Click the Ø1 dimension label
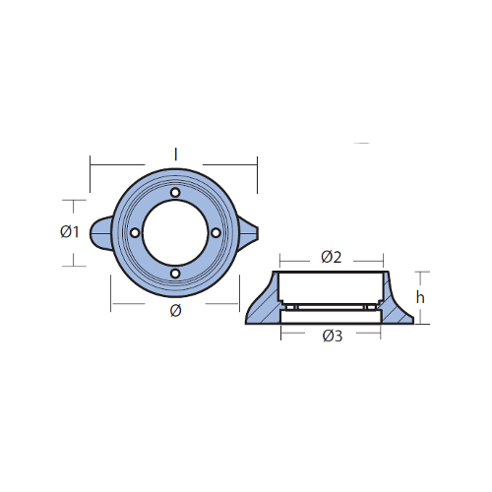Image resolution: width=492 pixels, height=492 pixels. (x=70, y=232)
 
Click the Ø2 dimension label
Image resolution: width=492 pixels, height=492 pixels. (x=332, y=257)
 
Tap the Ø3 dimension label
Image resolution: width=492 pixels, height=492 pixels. (x=333, y=336)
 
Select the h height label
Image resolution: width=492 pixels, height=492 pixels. (x=420, y=297)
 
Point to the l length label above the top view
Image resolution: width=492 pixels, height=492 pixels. (x=176, y=154)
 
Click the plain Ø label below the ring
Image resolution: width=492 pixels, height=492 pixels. (x=176, y=311)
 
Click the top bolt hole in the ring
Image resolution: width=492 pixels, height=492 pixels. (x=175, y=192)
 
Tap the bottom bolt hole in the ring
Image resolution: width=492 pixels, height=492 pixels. (x=175, y=274)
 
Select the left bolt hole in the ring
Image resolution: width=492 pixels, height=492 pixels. (x=135, y=232)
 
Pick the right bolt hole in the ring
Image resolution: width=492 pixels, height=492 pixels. (x=215, y=232)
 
